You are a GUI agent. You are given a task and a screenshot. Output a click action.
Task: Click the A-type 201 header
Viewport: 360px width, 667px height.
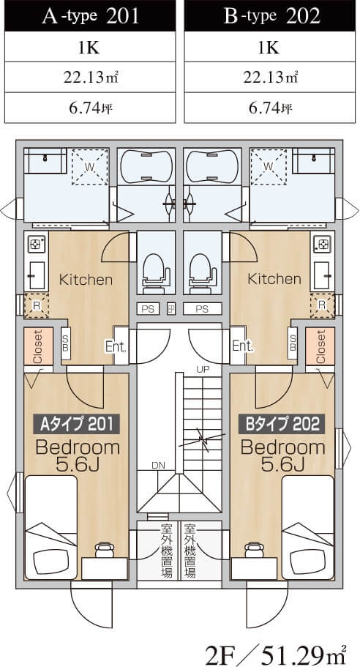click(90, 15)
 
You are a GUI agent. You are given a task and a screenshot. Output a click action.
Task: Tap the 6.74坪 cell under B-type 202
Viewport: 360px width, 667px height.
click(270, 108)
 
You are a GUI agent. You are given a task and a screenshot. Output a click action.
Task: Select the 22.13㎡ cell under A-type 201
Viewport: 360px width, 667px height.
click(90, 77)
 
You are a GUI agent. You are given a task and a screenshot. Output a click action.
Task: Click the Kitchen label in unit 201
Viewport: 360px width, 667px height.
click(86, 280)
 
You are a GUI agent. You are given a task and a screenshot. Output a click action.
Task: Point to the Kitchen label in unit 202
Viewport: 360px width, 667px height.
click(274, 279)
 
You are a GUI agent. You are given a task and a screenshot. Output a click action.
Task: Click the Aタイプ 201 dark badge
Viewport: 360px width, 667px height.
click(77, 424)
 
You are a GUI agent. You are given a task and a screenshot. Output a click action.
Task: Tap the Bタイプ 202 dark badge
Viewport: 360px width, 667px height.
click(282, 424)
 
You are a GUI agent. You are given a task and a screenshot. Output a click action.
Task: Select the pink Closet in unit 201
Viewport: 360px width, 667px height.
click(38, 346)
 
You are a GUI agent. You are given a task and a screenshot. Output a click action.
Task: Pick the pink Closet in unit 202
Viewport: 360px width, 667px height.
click(320, 346)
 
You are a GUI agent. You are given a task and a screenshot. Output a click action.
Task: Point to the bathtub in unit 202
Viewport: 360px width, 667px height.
click(212, 166)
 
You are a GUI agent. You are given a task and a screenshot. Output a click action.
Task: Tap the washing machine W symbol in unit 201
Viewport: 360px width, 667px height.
click(89, 166)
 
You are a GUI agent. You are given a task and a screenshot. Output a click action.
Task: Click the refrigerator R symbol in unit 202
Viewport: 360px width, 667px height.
click(322, 305)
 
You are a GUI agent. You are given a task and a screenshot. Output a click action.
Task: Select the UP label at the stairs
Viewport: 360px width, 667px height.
click(203, 369)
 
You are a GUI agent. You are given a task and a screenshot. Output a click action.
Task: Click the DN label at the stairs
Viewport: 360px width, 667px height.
click(158, 465)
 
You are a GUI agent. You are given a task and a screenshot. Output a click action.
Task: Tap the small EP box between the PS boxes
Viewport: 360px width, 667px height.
click(171, 309)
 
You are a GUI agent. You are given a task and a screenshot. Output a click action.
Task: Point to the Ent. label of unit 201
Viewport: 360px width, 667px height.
click(116, 347)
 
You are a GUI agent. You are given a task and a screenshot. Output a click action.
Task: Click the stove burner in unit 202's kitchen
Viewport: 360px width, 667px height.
click(321, 244)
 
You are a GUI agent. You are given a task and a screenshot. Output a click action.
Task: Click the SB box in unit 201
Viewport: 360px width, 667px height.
click(65, 343)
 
